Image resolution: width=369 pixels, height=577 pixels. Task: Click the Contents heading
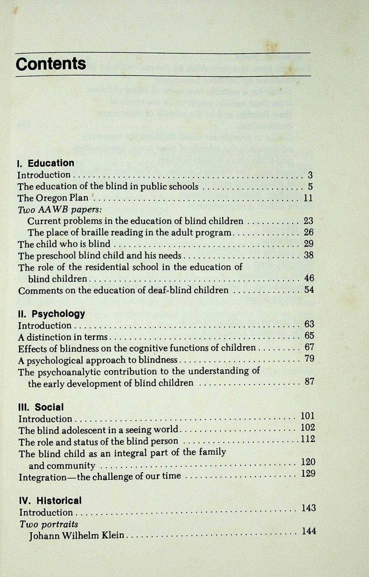pos(51,64)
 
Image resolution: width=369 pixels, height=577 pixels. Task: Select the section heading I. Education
pos(46,163)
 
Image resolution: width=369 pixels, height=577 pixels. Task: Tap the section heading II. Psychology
pos(51,314)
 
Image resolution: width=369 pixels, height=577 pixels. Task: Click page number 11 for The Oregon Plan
pos(308,198)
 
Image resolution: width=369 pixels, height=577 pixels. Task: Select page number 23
pos(308,221)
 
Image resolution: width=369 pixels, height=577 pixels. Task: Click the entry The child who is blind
pos(64,244)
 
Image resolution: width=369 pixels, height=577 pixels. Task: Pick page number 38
pos(309,255)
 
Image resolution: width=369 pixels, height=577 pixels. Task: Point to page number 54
pos(309,290)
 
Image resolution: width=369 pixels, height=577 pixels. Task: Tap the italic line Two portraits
pos(48,524)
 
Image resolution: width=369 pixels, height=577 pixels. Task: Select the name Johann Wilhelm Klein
pos(77,536)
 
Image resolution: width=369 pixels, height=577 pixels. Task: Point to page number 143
pos(309,508)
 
